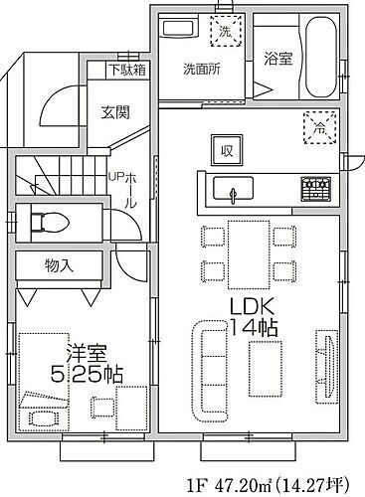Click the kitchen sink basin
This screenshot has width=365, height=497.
tap(232, 189)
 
